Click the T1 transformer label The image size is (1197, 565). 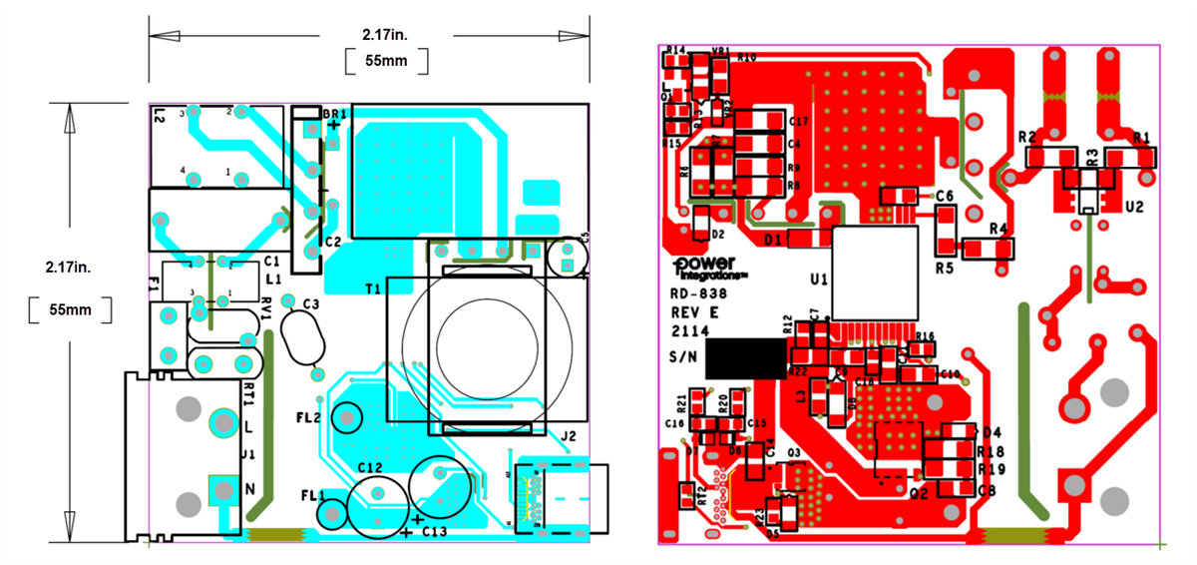tap(373, 288)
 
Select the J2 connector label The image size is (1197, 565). tap(569, 436)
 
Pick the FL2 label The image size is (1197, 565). tap(309, 416)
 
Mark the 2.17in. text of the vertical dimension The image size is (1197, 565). tap(71, 269)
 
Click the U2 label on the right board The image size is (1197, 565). tap(1133, 207)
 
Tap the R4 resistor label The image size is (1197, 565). tap(998, 230)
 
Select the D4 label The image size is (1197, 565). tap(991, 432)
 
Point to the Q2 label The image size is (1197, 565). tap(919, 492)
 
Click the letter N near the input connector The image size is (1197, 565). tap(251, 488)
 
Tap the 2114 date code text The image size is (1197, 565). tap(688, 330)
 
